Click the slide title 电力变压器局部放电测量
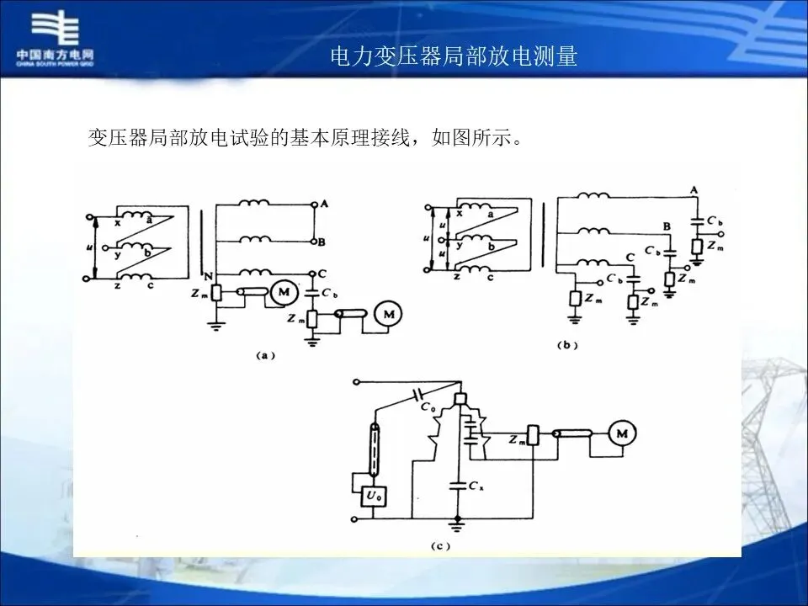click(454, 56)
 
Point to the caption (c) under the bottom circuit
click(440, 546)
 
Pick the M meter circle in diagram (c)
click(623, 433)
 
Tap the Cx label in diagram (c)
click(477, 487)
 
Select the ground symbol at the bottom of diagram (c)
click(456, 527)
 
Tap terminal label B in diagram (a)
click(322, 242)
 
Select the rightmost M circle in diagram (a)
click(388, 315)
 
